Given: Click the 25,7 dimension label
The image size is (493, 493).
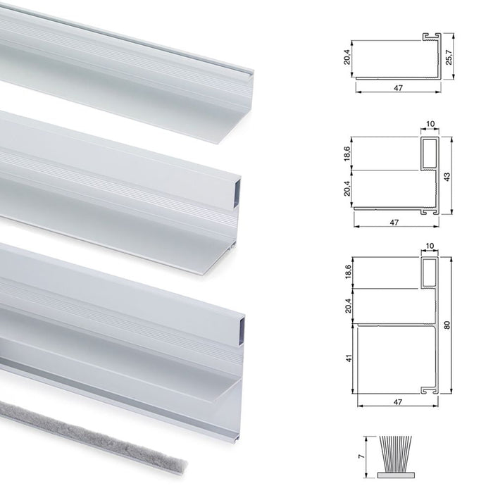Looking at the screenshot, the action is (x=449, y=57).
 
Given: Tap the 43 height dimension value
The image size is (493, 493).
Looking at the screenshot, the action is (x=448, y=177).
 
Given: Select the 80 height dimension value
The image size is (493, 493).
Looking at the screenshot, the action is (x=448, y=325).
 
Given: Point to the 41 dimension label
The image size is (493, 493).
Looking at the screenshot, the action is (x=348, y=358).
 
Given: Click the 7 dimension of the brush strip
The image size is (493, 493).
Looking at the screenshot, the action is (x=363, y=456).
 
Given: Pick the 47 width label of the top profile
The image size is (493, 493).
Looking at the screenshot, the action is (x=398, y=88).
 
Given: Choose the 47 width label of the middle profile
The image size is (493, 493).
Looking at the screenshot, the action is (x=394, y=223).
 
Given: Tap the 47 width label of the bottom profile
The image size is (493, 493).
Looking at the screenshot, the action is (x=398, y=402).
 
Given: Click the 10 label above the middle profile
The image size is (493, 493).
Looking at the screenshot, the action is (x=430, y=124).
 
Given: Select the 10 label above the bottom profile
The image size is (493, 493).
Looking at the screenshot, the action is (x=430, y=246).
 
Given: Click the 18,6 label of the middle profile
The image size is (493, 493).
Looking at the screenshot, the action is (x=347, y=154).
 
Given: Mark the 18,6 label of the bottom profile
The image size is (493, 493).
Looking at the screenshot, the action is (x=348, y=272).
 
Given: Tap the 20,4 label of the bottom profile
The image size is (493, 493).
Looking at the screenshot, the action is (x=348, y=306).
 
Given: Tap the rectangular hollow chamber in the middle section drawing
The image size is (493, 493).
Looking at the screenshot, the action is (x=429, y=153).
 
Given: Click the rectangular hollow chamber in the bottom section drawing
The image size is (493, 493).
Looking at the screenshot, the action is (x=429, y=272).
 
